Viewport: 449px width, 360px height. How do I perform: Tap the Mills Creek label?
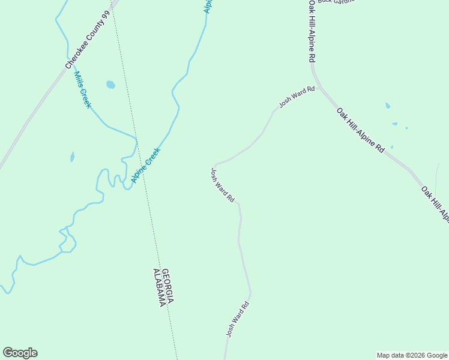point(82,90)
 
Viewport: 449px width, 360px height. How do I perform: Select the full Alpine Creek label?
point(146,166)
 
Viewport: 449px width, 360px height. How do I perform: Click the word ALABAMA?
point(158,288)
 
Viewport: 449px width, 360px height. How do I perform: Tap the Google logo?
point(20,353)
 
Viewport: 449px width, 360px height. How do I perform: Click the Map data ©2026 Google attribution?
point(412,355)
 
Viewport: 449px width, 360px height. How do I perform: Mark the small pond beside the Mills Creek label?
point(110,85)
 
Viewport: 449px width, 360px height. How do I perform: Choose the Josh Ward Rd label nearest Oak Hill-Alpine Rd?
point(297,97)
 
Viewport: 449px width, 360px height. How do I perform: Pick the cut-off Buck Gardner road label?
point(336,2)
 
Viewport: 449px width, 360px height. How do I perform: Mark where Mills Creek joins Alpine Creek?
point(136,139)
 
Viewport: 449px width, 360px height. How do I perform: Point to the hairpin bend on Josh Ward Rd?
point(215,164)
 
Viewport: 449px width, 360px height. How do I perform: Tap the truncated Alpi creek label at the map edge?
point(208,6)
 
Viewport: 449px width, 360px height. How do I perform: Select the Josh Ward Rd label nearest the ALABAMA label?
point(237,319)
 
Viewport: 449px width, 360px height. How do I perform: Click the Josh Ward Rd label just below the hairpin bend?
point(222,185)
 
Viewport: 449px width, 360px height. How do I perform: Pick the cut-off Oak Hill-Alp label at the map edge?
point(436,204)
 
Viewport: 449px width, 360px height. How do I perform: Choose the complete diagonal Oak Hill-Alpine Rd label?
point(360,130)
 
